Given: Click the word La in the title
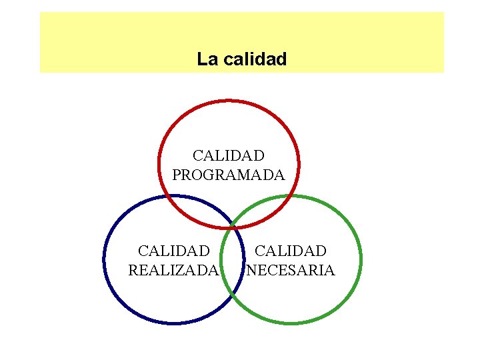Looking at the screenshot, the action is [x=207, y=59].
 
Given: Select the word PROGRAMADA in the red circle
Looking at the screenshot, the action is [x=228, y=175].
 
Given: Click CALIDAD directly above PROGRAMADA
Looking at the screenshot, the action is [x=228, y=156].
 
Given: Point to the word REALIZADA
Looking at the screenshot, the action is [x=173, y=271].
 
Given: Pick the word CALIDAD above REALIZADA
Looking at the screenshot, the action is [x=173, y=251].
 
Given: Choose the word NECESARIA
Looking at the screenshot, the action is [x=291, y=271].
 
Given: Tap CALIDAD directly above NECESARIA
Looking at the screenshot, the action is [x=291, y=251].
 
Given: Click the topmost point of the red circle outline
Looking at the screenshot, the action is [x=229, y=101].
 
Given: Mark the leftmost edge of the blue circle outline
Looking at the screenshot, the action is [x=105, y=259].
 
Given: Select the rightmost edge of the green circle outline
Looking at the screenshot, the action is [x=361, y=259].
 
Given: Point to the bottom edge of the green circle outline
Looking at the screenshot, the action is [x=291, y=323].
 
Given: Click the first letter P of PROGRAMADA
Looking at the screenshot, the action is [x=177, y=175].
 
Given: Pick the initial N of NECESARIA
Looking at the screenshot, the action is [x=251, y=271].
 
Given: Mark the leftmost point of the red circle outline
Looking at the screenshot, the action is [x=159, y=163].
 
